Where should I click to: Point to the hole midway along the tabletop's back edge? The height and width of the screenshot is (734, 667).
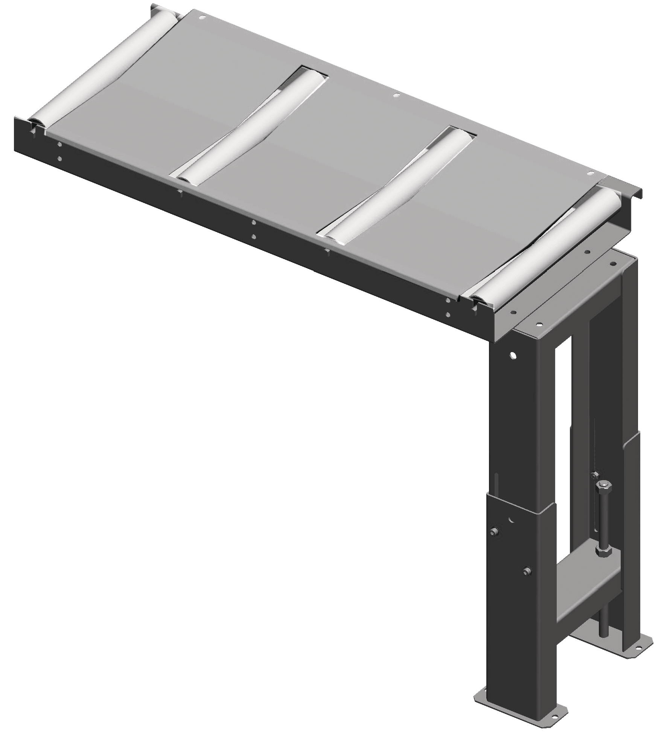coord(395,96)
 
